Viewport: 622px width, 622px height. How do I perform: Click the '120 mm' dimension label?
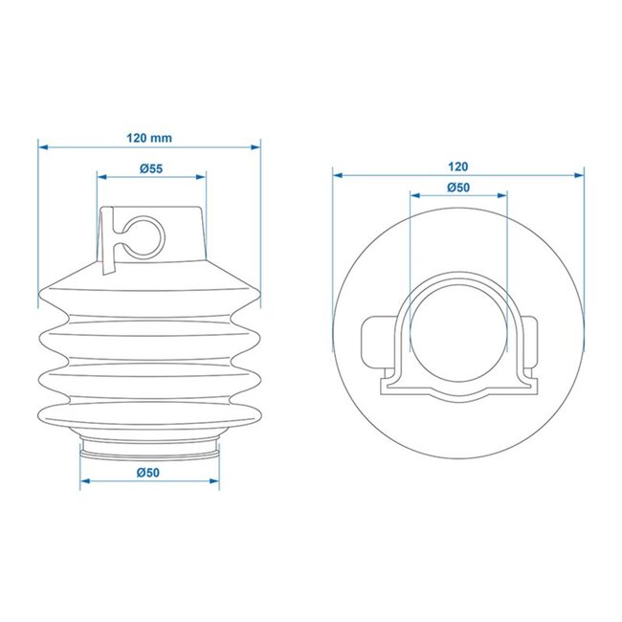[150, 137]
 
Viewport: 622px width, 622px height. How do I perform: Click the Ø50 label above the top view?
[457, 188]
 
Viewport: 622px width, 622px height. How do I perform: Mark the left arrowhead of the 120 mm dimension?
[43, 147]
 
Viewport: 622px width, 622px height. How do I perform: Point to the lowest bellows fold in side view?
[150, 416]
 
